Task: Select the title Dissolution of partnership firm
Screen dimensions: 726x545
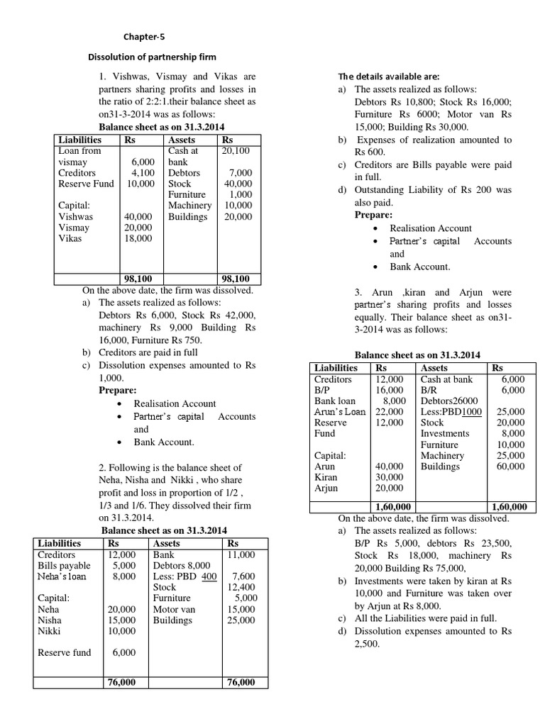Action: [151, 57]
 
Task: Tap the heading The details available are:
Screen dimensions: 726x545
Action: [389, 77]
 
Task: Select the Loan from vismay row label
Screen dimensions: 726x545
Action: [79, 156]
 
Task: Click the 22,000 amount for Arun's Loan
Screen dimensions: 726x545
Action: [389, 412]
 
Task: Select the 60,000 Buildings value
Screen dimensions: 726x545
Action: [510, 467]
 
